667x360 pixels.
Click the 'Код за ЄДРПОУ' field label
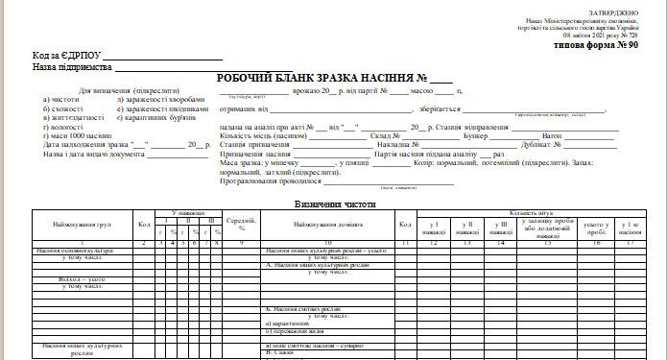[66, 56]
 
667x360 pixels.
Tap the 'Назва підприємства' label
[71, 68]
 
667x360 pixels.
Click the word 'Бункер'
[475, 135]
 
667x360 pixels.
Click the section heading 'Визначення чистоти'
[333, 204]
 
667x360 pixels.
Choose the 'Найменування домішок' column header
[326, 224]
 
